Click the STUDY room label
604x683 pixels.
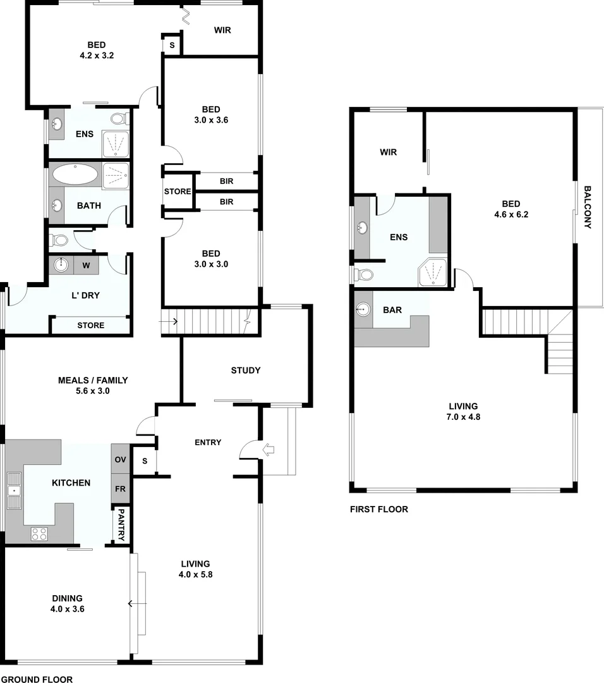[245, 371]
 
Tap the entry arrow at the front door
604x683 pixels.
[269, 450]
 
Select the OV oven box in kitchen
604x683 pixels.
[120, 459]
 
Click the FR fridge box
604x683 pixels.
[120, 489]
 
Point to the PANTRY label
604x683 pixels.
[121, 526]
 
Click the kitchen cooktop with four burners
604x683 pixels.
[39, 533]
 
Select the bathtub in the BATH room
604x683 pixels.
[75, 174]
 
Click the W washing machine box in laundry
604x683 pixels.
[86, 265]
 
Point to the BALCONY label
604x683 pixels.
[587, 207]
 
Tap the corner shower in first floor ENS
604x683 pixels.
[432, 272]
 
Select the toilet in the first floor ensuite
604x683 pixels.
[364, 274]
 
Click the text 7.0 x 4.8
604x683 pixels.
[462, 417]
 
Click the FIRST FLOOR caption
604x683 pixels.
[378, 509]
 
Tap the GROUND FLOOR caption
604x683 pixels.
[36, 679]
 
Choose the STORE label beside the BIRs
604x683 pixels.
[178, 192]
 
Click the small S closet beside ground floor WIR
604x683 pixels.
[172, 45]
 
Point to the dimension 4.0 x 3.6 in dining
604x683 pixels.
[67, 609]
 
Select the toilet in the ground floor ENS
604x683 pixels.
[119, 118]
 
